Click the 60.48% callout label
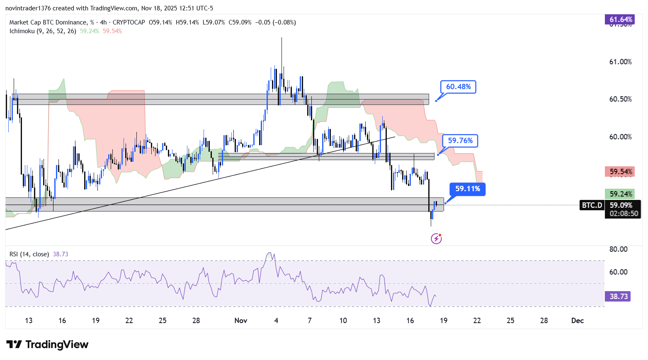click(458, 87)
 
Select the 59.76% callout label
click(460, 141)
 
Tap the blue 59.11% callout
click(467, 189)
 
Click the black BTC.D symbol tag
click(592, 205)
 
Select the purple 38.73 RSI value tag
click(619, 296)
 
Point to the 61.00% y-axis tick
click(620, 62)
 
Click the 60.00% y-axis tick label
click(620, 137)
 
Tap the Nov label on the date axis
click(241, 320)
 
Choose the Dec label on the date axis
click(577, 320)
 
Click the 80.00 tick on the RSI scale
click(618, 249)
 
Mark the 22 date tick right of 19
click(477, 320)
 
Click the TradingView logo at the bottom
click(47, 344)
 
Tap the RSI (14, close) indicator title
click(29, 254)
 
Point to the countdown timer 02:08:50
click(624, 214)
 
